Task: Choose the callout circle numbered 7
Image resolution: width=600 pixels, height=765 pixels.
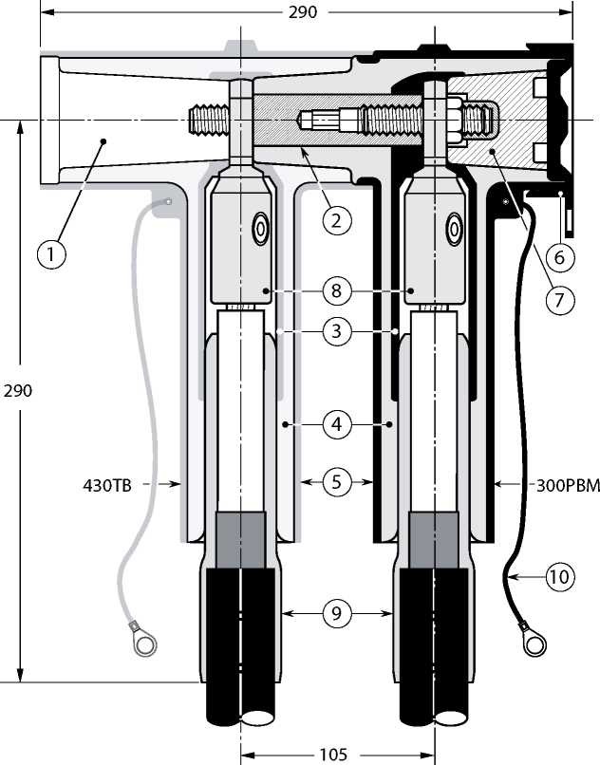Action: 559,301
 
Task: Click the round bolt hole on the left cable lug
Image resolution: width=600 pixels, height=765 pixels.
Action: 258,229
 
